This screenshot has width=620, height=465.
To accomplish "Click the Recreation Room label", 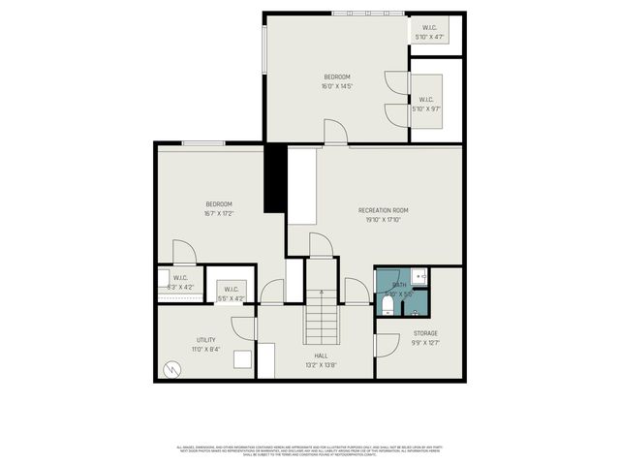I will tap(383, 210).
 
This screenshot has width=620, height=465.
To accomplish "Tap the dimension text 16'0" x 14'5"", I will tap(336, 86).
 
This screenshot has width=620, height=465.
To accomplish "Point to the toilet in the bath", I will tap(387, 306).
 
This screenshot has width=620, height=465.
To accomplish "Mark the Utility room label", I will tap(205, 340).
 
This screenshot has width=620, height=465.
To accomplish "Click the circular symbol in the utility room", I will tap(172, 368).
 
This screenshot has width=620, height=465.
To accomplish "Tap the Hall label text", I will tap(321, 356).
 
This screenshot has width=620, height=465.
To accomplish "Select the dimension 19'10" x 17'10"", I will tap(383, 220).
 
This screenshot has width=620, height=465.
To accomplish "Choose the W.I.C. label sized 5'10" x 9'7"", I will tap(426, 99).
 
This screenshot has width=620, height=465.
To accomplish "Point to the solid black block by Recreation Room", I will tap(275, 177).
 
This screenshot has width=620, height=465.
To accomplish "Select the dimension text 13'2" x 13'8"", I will tap(321, 365).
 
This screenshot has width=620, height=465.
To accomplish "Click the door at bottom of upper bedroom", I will tap(334, 133).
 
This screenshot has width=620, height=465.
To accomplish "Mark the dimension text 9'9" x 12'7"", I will tap(425, 341).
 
